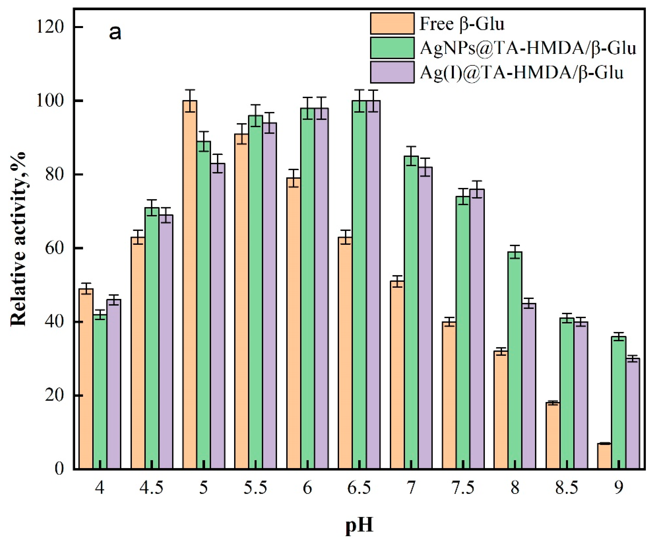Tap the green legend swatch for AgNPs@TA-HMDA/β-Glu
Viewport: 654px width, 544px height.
coord(392,48)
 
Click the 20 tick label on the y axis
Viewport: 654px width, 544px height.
coord(54,395)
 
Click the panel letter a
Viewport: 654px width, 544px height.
coord(115,32)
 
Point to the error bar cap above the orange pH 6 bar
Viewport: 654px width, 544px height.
coord(293,170)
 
